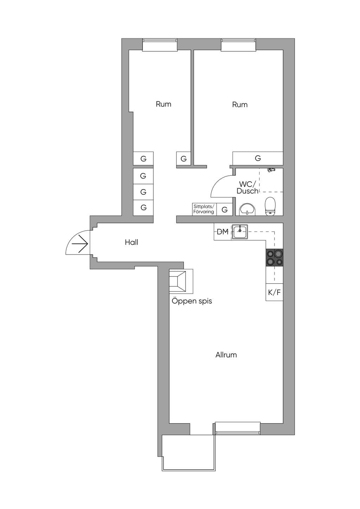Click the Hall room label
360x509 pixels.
[x=131, y=242]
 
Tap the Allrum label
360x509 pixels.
[x=226, y=355]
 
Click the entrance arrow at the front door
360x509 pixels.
[x=80, y=244]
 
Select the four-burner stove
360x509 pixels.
[x=275, y=257]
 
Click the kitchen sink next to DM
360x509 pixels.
[x=240, y=232]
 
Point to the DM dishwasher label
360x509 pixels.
[x=223, y=232]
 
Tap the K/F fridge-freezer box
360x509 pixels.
[x=275, y=292]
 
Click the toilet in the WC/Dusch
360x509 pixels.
[x=270, y=206]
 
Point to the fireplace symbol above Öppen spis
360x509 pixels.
[x=178, y=281]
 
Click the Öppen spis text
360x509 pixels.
[x=192, y=301]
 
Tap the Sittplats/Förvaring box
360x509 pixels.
[x=204, y=209]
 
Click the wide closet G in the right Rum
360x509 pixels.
[x=258, y=158]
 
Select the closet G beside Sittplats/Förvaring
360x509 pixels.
[x=225, y=209]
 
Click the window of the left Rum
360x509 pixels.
[x=160, y=45]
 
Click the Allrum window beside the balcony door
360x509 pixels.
[x=238, y=428]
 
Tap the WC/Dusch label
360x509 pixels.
[x=247, y=187]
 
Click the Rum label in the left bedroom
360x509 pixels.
[x=163, y=104]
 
